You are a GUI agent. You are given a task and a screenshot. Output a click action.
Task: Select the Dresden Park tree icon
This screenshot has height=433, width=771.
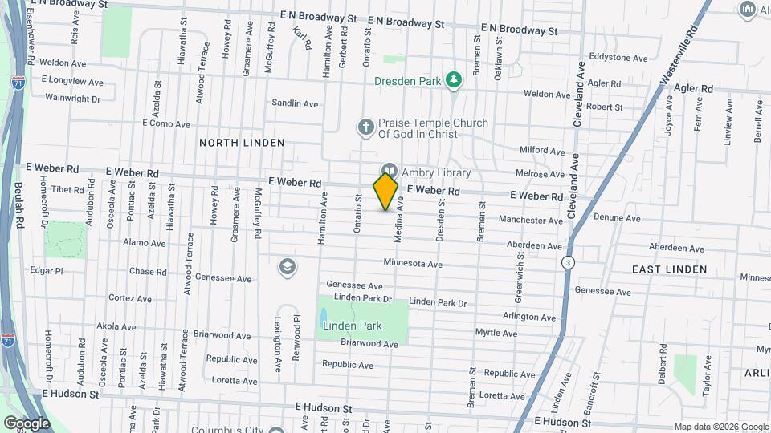pyautogui.click(x=455, y=79)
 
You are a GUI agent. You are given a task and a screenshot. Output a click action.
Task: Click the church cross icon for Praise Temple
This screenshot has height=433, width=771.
pyautogui.click(x=365, y=127)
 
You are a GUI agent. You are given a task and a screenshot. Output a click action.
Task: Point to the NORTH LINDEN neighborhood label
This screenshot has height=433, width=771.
pyautogui.click(x=242, y=143)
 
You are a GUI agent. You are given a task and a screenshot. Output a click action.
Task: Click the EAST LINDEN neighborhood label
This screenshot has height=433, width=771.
pyautogui.click(x=669, y=269)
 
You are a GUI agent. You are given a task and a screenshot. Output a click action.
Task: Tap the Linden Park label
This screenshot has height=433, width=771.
pyautogui.click(x=353, y=326)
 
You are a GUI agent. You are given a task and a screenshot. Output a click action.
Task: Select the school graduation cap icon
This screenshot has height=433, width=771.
pyautogui.click(x=287, y=266)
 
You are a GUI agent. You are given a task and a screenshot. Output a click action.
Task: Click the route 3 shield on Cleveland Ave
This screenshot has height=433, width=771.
pyautogui.click(x=568, y=262)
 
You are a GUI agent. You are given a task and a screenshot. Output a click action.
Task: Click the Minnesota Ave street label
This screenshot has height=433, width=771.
pyautogui.click(x=413, y=263)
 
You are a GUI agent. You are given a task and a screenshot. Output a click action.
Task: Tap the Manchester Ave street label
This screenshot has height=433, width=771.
pyautogui.click(x=531, y=220)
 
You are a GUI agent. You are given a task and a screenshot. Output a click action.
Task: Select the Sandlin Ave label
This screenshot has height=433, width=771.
pyautogui.click(x=295, y=103)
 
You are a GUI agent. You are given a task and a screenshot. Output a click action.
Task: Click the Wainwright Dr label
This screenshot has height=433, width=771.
pyautogui.click(x=72, y=99)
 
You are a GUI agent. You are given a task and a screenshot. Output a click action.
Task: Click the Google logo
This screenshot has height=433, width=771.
pyautogui.click(x=27, y=423)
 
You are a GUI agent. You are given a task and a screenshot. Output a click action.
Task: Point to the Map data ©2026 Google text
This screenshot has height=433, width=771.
pyautogui.click(x=720, y=427)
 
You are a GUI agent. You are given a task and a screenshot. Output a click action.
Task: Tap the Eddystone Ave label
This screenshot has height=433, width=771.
pyautogui.click(x=618, y=59)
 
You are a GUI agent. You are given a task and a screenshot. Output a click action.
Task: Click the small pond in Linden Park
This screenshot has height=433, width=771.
pyautogui.click(x=324, y=316)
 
